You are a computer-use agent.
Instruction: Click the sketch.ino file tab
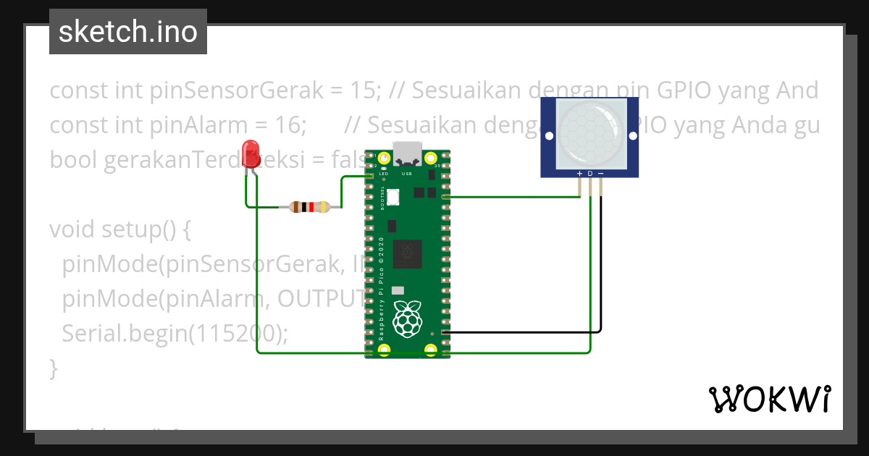[128, 32]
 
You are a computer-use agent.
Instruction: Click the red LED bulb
[251, 153]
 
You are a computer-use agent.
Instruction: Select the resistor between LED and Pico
[309, 208]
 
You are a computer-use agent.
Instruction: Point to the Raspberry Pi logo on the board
[407, 318]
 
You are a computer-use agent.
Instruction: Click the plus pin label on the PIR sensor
[579, 174]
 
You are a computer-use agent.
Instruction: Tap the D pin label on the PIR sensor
[590, 174]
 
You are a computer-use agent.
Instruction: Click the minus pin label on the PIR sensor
[600, 174]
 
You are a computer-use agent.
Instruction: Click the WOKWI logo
[769, 399]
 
